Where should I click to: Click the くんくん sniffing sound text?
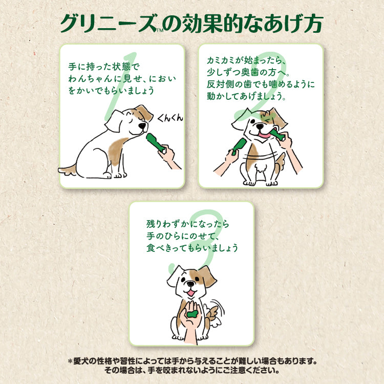tap(170, 118)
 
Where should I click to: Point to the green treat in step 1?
tap(155, 143)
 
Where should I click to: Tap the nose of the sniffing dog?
tap(143, 132)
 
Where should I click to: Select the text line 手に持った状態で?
tap(103, 67)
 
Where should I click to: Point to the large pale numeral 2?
tap(256, 92)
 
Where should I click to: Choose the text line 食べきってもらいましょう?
tap(193, 248)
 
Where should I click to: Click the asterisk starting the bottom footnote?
tap(71, 360)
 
